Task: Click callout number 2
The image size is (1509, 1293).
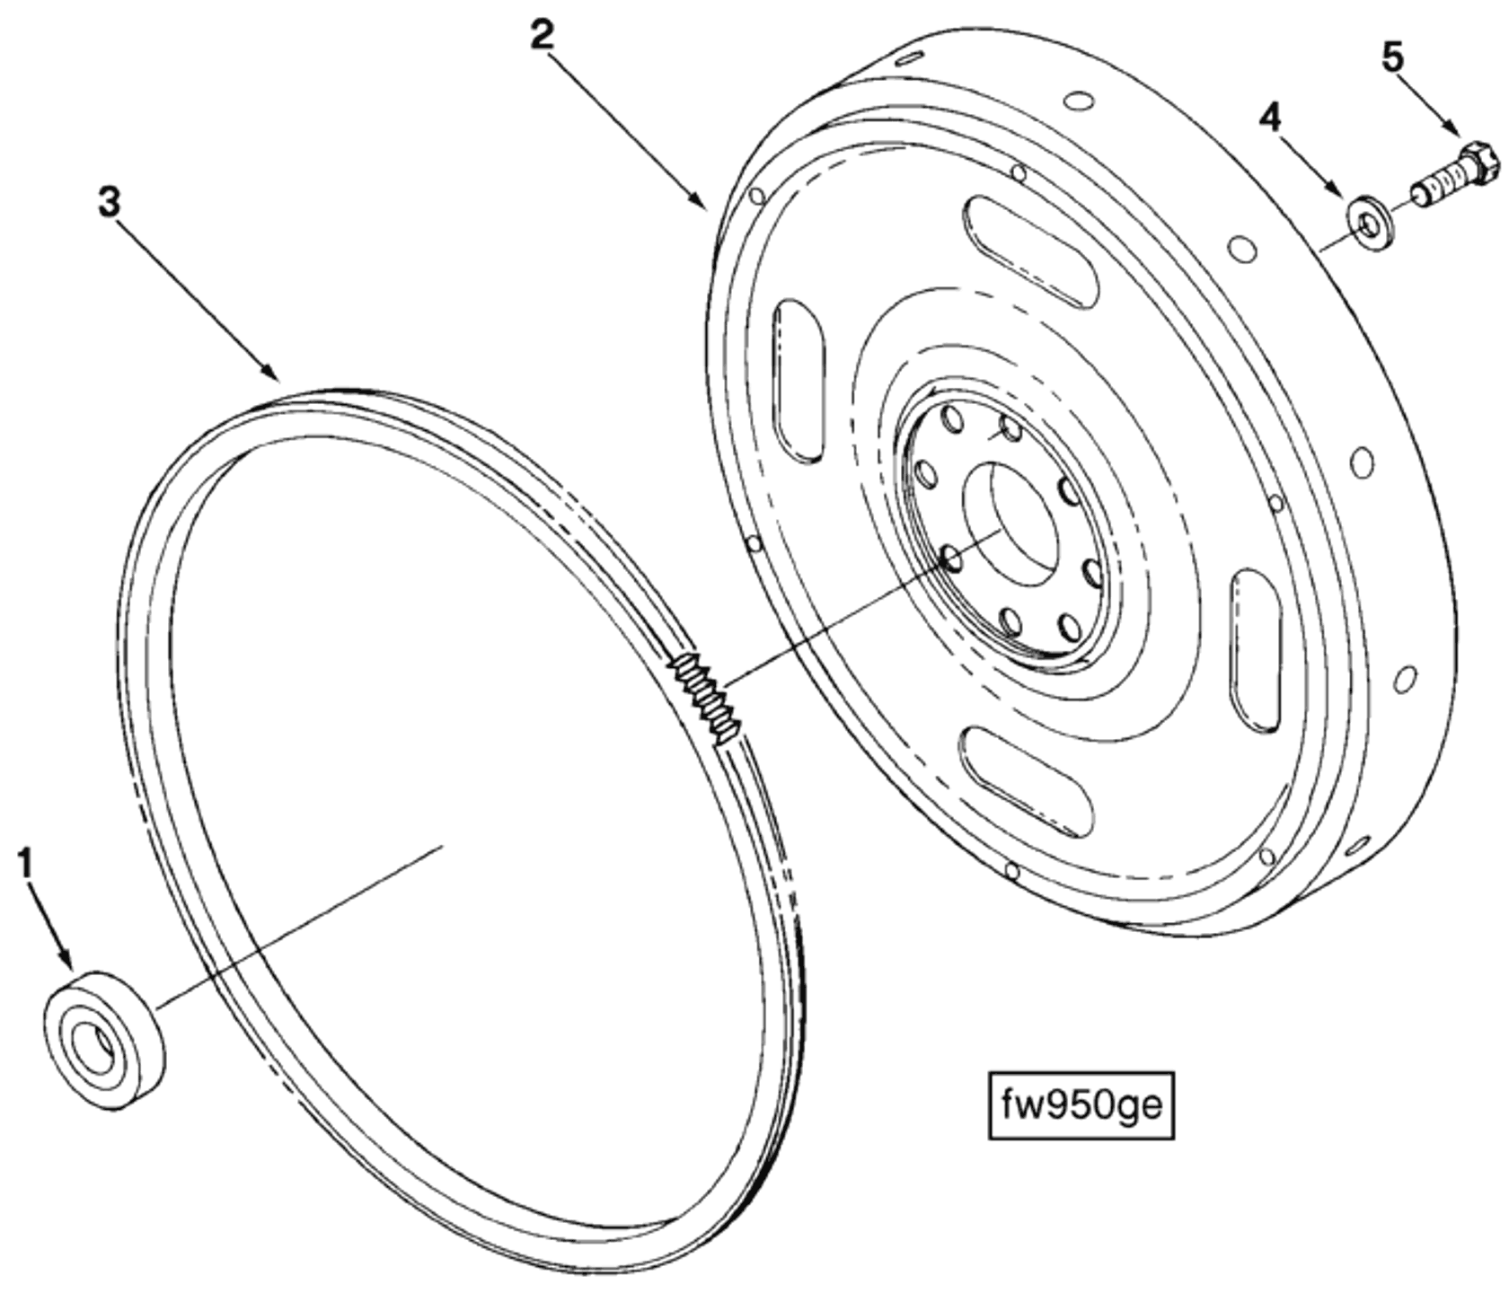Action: (x=542, y=36)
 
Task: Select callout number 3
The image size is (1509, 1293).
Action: (x=110, y=203)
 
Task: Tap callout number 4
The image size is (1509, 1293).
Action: (x=1270, y=118)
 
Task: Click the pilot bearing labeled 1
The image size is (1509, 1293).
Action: (x=105, y=1027)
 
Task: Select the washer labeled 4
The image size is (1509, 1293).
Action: (x=1369, y=223)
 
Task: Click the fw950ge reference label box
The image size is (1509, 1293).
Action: (x=1081, y=1104)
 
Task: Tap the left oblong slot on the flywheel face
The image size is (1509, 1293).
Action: (x=799, y=380)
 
